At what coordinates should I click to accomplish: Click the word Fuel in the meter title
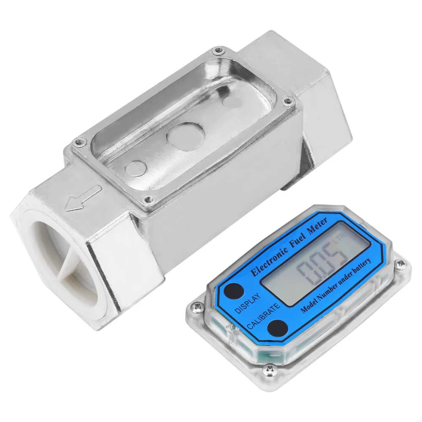pyautogui.click(x=299, y=241)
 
